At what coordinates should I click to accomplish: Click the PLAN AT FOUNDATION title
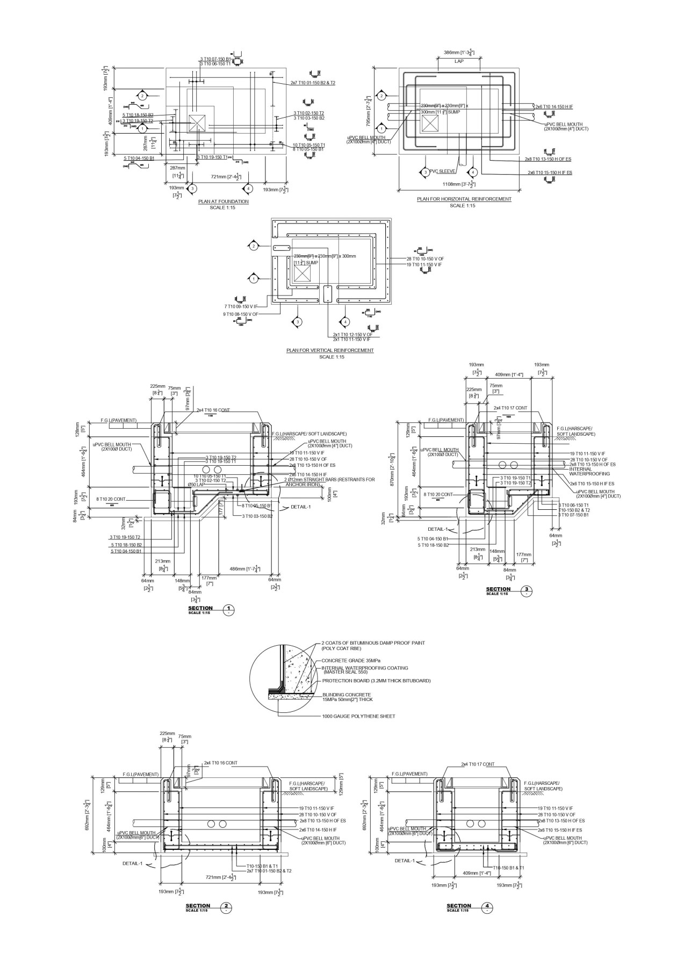click(x=223, y=201)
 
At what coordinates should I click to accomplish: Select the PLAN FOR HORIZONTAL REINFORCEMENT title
click(x=464, y=199)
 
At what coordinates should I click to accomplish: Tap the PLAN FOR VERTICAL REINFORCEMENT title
click(x=330, y=350)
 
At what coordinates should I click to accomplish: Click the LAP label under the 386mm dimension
click(x=459, y=61)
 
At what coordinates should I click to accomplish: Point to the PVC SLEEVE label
click(x=442, y=171)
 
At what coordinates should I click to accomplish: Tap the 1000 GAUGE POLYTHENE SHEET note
click(x=358, y=716)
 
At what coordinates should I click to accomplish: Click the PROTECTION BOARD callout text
click(x=376, y=681)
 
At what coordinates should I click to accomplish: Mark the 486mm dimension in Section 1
click(x=245, y=568)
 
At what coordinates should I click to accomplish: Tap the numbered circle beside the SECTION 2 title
click(x=227, y=907)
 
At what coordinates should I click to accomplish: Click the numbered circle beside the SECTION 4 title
click(x=488, y=907)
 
